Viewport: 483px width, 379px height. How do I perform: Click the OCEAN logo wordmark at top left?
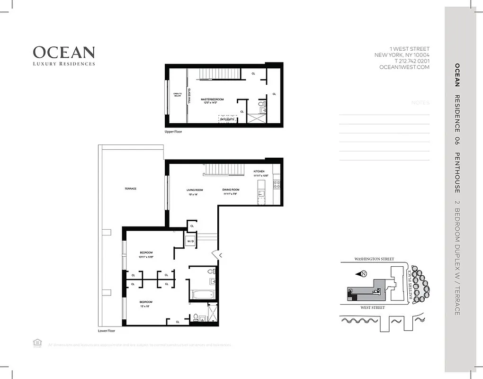(63, 52)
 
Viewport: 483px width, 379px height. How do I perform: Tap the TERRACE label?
(131, 189)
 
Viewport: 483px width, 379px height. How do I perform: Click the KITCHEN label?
(259, 171)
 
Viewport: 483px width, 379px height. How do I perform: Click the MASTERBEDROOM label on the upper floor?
(212, 99)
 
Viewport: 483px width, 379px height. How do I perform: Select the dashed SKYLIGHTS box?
(227, 119)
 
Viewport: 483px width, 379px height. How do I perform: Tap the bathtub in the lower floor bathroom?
(204, 294)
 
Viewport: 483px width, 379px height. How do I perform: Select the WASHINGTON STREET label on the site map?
(374, 260)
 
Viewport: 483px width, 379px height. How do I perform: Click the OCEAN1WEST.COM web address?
(404, 67)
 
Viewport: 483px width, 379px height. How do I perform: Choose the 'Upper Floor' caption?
(173, 132)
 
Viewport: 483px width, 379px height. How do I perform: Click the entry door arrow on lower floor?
(220, 255)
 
